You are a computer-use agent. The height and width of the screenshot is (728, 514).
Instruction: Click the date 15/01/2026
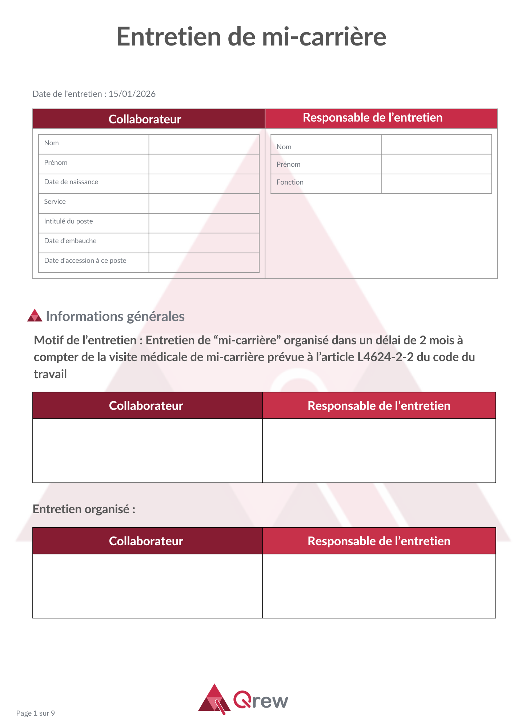[x=132, y=94]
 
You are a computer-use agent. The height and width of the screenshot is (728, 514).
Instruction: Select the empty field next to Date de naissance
[x=204, y=184]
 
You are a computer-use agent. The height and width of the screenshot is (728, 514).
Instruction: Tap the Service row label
[x=55, y=202]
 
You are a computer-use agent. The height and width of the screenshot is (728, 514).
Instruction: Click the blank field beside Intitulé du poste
[x=204, y=223]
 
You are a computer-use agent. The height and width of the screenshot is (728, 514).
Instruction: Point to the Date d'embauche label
[x=70, y=241]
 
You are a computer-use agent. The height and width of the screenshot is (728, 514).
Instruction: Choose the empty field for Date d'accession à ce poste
[x=204, y=262]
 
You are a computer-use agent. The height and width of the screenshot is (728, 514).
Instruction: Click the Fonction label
[x=290, y=182]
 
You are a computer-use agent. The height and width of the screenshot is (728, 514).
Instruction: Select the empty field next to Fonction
[x=436, y=184]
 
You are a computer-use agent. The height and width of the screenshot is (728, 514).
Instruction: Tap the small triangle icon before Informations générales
[x=35, y=316]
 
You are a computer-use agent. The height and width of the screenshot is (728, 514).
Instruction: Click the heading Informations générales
[x=115, y=316]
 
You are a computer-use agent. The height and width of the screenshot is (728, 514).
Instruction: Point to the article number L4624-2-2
[x=385, y=357]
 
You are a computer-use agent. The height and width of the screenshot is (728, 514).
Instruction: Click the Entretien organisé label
[x=84, y=509]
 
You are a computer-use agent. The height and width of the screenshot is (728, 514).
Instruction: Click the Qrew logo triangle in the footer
[x=214, y=699]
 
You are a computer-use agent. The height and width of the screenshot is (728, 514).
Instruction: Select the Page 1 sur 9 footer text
[x=36, y=713]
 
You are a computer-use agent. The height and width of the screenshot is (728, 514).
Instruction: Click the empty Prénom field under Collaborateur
[x=204, y=164]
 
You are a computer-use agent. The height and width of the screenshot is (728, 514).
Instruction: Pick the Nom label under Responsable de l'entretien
[x=284, y=147]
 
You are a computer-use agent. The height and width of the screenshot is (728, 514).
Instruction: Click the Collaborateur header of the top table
[x=145, y=119]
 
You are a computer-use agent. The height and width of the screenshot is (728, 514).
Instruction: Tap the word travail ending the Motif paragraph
[x=50, y=374]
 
